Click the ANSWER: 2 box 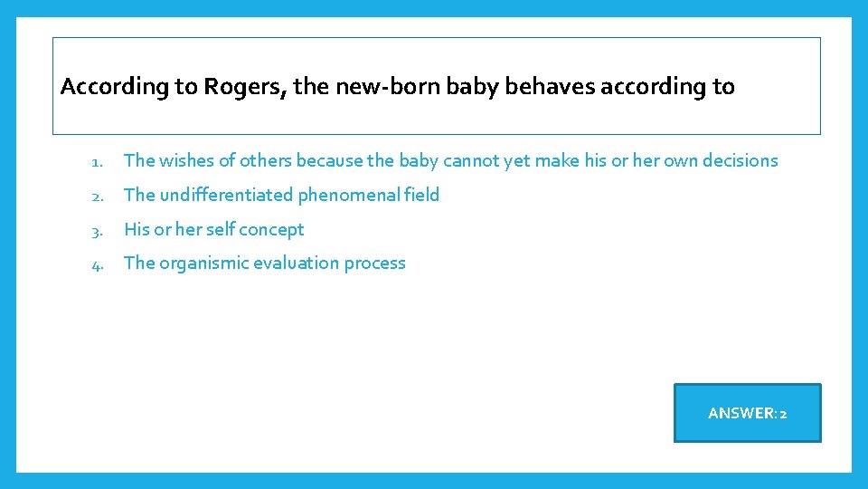[747, 413]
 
